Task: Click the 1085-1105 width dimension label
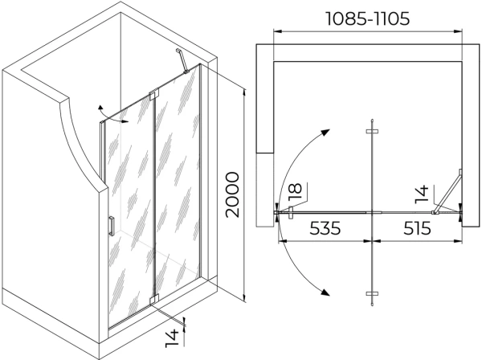(367, 18)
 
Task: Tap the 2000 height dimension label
(232, 195)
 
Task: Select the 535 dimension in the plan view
(325, 228)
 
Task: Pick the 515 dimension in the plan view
(417, 228)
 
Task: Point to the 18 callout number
(296, 192)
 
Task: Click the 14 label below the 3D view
(172, 338)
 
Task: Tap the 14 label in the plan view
(422, 194)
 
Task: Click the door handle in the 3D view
(112, 226)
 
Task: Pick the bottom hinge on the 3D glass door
(154, 300)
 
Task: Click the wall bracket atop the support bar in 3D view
(178, 51)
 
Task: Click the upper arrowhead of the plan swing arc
(325, 133)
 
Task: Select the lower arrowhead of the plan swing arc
(325, 292)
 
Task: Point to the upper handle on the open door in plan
(372, 131)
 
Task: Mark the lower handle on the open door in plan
(372, 293)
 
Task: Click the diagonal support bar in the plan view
(447, 191)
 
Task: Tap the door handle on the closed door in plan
(291, 213)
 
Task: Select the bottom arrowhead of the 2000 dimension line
(244, 297)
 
